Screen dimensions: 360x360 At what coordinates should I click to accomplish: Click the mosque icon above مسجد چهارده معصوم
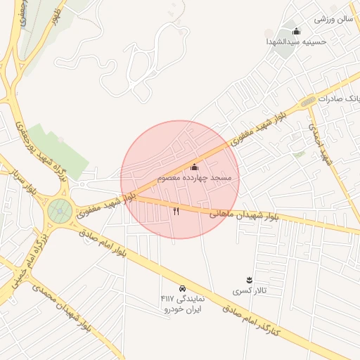pyautogui.click(x=195, y=167)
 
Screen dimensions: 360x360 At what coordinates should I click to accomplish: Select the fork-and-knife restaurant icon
pyautogui.click(x=176, y=210)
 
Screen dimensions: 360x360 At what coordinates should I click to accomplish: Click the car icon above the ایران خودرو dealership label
pyautogui.click(x=182, y=288)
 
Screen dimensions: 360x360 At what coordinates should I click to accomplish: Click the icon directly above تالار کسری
pyautogui.click(x=248, y=280)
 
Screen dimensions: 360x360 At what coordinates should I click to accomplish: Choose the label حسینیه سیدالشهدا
pyautogui.click(x=295, y=41)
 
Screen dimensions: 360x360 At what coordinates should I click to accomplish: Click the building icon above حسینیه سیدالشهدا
pyautogui.click(x=295, y=31)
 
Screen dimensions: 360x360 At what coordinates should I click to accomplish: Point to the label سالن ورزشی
pyautogui.click(x=332, y=19)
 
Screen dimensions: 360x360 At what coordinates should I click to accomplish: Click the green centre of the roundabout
pyautogui.click(x=60, y=210)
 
